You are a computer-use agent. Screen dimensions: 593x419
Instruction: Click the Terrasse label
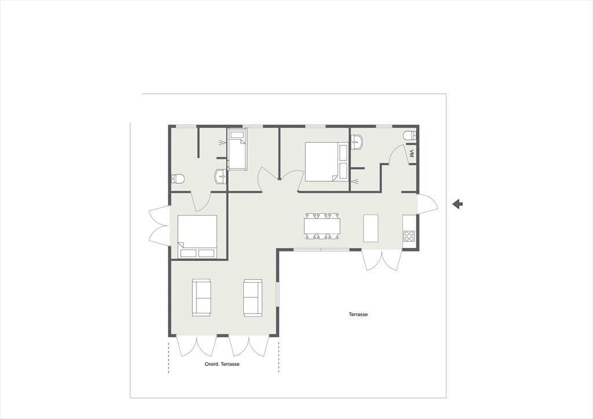pos(358,314)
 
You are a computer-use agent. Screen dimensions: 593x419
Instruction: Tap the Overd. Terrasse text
pos(222,364)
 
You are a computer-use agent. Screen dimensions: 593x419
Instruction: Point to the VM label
pos(412,154)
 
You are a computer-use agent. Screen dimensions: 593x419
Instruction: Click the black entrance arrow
pos(457,204)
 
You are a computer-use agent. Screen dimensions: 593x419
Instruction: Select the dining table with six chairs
pos(322,227)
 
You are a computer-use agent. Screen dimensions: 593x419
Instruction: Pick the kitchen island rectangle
pos(371,228)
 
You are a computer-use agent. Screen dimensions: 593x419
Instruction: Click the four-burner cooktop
pos(409,236)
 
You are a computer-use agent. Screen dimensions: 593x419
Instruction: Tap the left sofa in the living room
pos(201,297)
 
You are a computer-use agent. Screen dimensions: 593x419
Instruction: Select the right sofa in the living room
pos(252,297)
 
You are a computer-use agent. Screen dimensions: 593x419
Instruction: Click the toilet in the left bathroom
pos(177,178)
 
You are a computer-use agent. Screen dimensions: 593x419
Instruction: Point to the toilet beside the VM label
pos(410,135)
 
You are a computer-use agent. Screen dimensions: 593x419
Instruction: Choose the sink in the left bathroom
pos(220,176)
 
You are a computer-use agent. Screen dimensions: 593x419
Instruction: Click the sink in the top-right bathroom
pos(357,143)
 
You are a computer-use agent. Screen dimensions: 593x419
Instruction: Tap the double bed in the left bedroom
pos(197,236)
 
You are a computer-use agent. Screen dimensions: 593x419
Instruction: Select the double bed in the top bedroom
pos(327,162)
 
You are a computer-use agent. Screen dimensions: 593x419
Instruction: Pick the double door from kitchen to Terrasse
pos(382,260)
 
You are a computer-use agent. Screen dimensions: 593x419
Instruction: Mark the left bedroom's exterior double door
pos(159,226)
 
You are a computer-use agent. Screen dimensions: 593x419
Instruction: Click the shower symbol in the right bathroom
pos(356,181)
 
